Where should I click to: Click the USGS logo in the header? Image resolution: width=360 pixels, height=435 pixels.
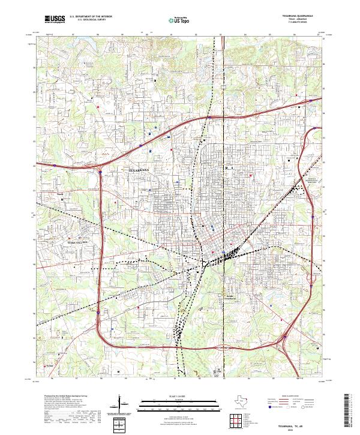55,19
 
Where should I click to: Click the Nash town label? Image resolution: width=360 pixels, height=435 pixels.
59,194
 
